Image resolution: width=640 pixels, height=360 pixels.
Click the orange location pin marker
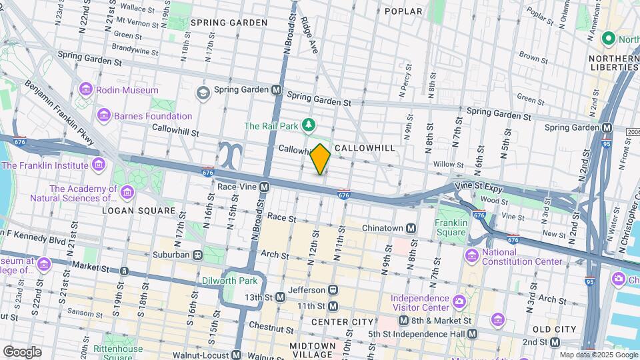pyautogui.click(x=321, y=159)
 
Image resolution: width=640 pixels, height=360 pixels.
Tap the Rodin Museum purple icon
pyautogui.click(x=85, y=90)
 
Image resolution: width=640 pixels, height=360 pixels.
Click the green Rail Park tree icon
pyautogui.click(x=308, y=125)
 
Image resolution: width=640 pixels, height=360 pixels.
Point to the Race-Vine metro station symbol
pyautogui.click(x=265, y=187)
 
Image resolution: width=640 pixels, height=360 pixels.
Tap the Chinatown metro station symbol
pyautogui.click(x=411, y=229)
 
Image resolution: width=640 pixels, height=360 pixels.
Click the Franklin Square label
pyautogui.click(x=450, y=227)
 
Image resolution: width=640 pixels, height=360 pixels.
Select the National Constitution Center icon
pyautogui.click(x=472, y=256)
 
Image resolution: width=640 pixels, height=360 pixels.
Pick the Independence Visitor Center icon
pyautogui.click(x=459, y=303)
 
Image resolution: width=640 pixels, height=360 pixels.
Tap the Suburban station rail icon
pyautogui.click(x=198, y=255)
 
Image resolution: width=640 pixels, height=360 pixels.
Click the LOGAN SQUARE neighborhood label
pyautogui.click(x=138, y=211)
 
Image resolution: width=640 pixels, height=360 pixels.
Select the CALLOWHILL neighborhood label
pyautogui.click(x=365, y=147)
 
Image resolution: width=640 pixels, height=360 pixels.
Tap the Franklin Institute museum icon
pyautogui.click(x=99, y=165)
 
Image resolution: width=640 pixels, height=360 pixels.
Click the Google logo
pyautogui.click(x=22, y=351)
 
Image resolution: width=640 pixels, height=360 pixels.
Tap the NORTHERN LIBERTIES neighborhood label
pyautogui.click(x=613, y=63)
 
